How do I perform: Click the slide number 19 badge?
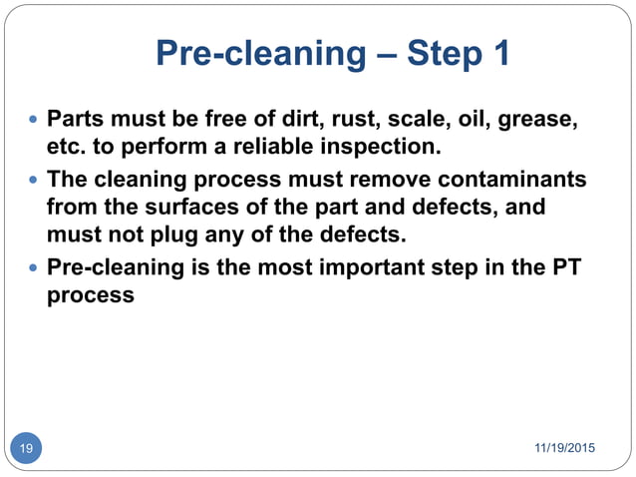click(26, 448)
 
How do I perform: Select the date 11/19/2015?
click(564, 448)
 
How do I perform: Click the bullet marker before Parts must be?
click(35, 121)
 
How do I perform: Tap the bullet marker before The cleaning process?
click(35, 181)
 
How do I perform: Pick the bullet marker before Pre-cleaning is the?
click(35, 269)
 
